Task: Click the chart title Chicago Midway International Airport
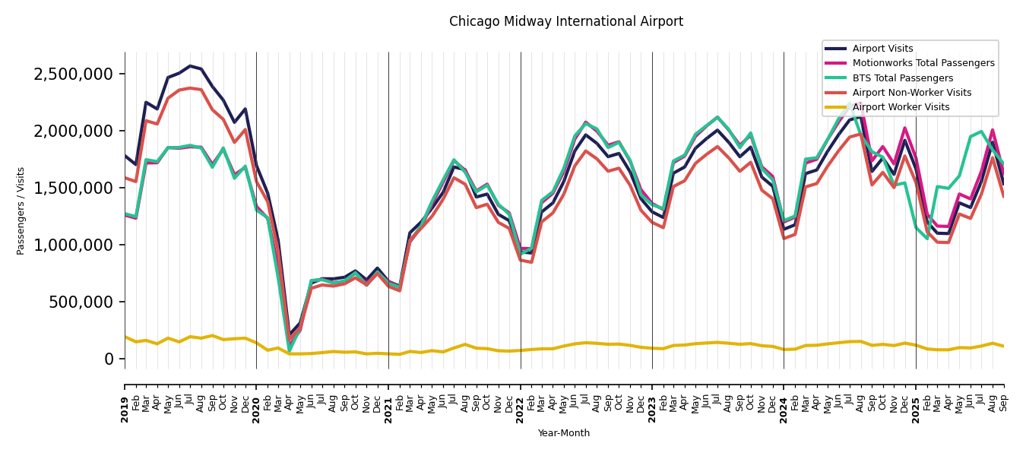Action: (x=565, y=22)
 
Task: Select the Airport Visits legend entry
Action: (x=882, y=49)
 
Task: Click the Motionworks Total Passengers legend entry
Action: (x=923, y=63)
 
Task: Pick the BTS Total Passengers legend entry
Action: (x=902, y=78)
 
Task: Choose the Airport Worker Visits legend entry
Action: (x=901, y=107)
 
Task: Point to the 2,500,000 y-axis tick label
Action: (x=73, y=74)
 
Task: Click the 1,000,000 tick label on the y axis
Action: (x=73, y=245)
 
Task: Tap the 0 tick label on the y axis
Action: (x=109, y=359)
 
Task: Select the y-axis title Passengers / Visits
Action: (x=21, y=211)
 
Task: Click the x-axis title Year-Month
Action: (x=563, y=433)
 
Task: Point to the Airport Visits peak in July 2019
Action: (x=190, y=66)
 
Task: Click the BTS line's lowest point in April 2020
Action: (x=290, y=350)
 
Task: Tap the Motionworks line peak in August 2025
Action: (x=992, y=130)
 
